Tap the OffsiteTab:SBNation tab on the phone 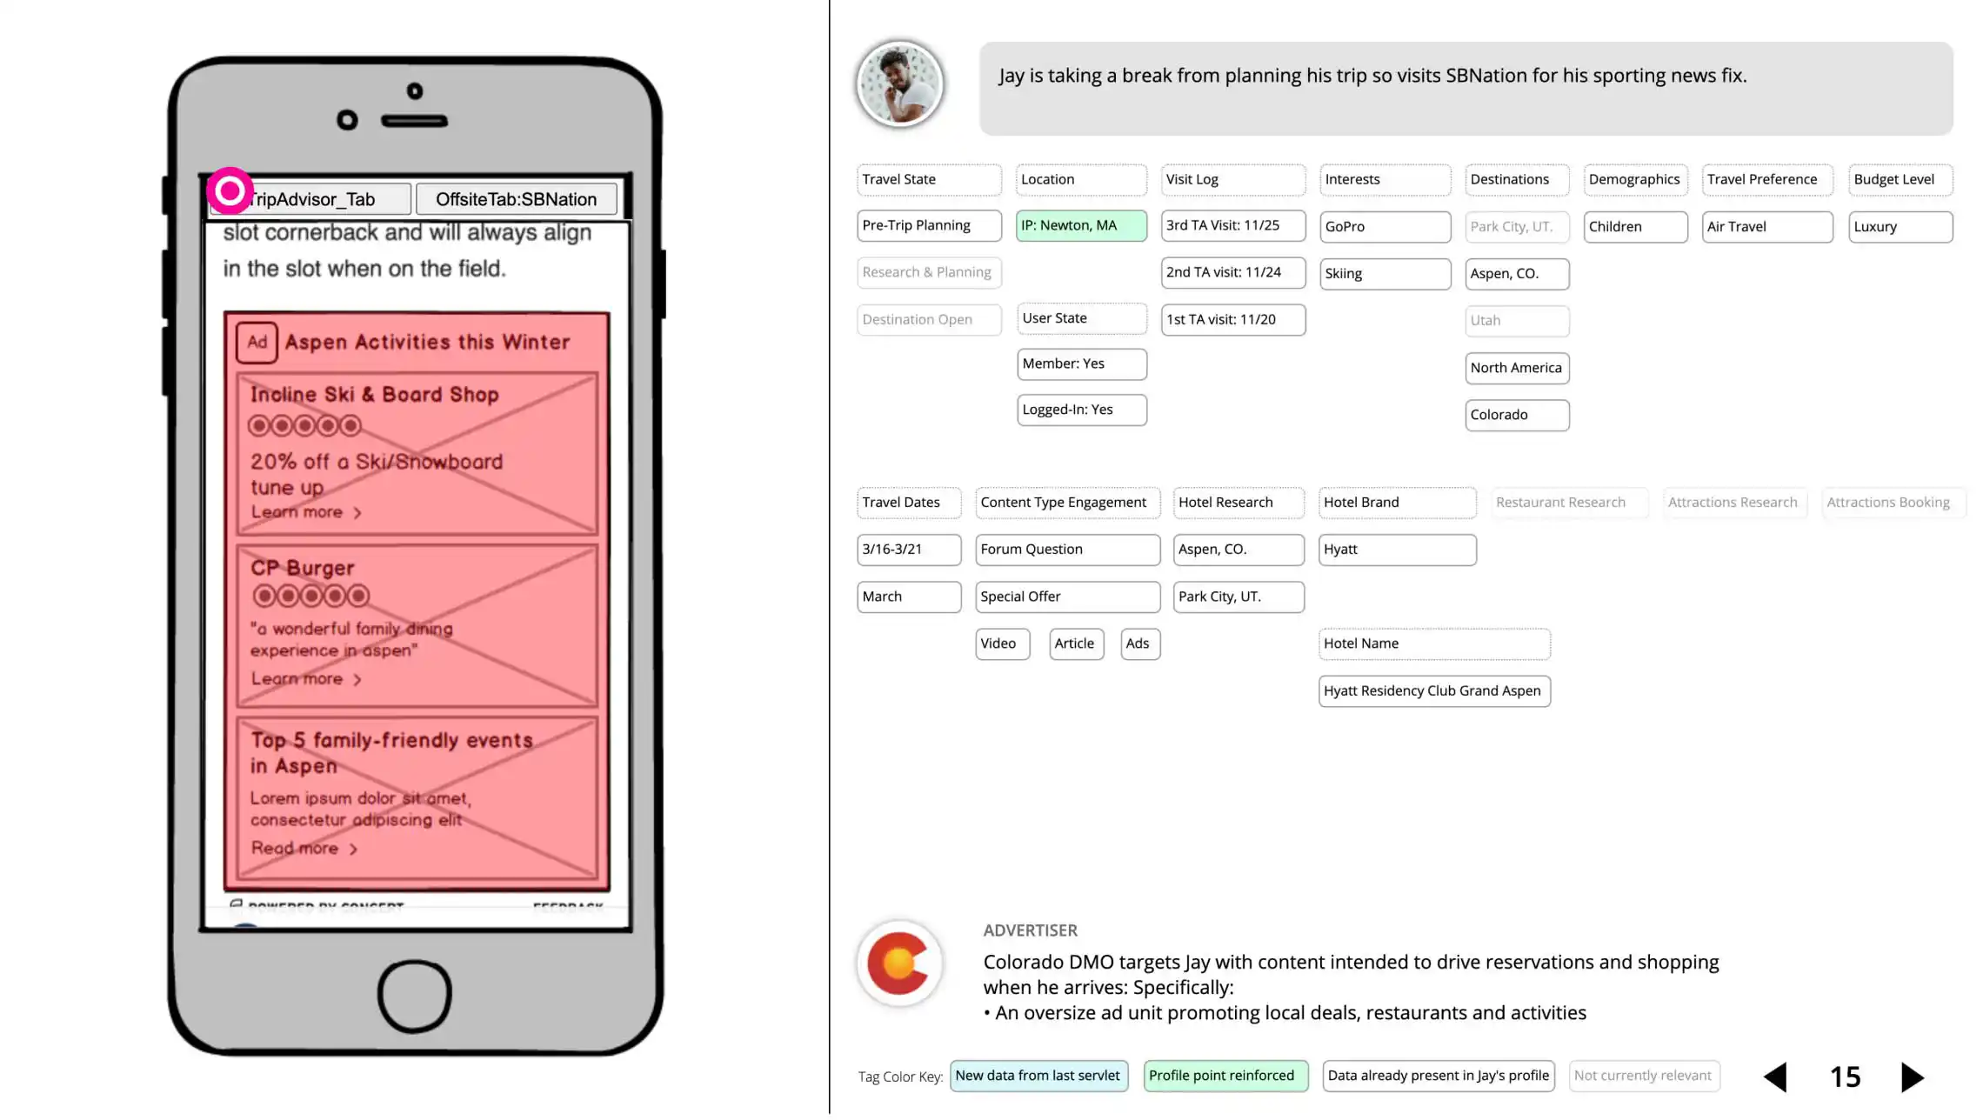point(516,199)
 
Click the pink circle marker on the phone point(230,190)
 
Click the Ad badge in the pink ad point(257,342)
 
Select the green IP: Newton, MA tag point(1080,225)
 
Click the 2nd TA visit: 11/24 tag point(1232,272)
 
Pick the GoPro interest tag point(1384,226)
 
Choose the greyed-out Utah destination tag point(1516,320)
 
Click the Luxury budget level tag point(1900,226)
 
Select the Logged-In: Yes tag point(1081,410)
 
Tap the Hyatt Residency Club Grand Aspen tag point(1433,690)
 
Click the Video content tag point(1001,643)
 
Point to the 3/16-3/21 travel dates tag point(908,550)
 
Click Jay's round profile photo point(899,85)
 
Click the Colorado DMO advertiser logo point(899,963)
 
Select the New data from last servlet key point(1038,1076)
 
